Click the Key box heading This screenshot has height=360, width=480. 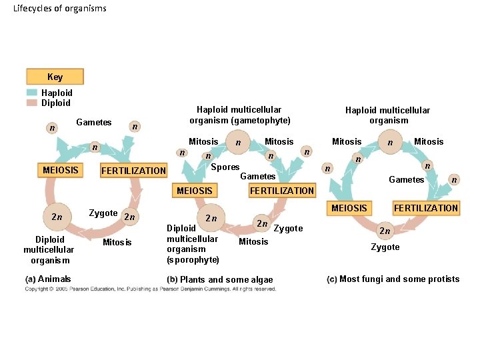tap(55, 77)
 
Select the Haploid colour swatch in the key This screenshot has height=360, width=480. tap(32, 93)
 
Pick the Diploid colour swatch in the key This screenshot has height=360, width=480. tap(32, 103)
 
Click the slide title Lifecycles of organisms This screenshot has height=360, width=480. tap(59, 8)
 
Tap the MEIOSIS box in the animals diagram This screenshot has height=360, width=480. tap(60, 170)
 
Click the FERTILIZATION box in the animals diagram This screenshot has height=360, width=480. tap(133, 171)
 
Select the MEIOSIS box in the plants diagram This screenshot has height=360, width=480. tap(194, 191)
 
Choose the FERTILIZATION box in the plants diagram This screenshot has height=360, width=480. tap(281, 191)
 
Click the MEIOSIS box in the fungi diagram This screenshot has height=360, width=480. tap(349, 208)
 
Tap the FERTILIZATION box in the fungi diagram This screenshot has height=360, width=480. tap(426, 208)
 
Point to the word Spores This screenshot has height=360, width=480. tap(225, 167)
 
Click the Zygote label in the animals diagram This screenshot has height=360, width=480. tap(103, 213)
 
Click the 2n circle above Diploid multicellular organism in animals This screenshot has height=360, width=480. tap(56, 216)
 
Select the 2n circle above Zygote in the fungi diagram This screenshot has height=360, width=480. tap(385, 231)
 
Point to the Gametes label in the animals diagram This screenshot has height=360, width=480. tap(94, 122)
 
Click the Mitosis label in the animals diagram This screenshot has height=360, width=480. tap(117, 242)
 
